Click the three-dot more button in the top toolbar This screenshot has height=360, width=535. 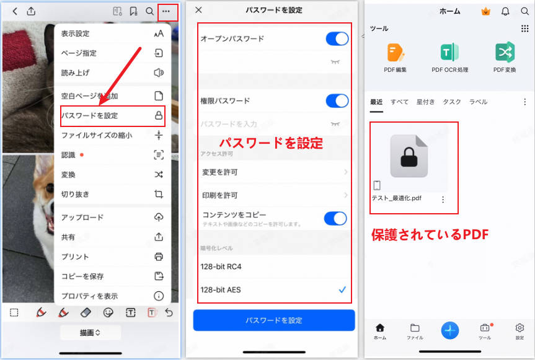[x=166, y=11]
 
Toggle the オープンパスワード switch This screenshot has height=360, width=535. [x=337, y=38]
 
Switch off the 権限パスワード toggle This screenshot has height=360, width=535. [x=337, y=100]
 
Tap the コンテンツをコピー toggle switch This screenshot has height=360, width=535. [x=335, y=217]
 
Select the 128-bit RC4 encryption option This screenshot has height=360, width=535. [x=273, y=266]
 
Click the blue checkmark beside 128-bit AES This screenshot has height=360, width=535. [x=342, y=289]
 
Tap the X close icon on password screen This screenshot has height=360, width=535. [x=198, y=10]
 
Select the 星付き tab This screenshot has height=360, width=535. [x=425, y=102]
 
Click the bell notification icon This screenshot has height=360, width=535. [x=505, y=11]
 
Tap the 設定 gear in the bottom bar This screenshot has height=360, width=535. [x=520, y=328]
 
